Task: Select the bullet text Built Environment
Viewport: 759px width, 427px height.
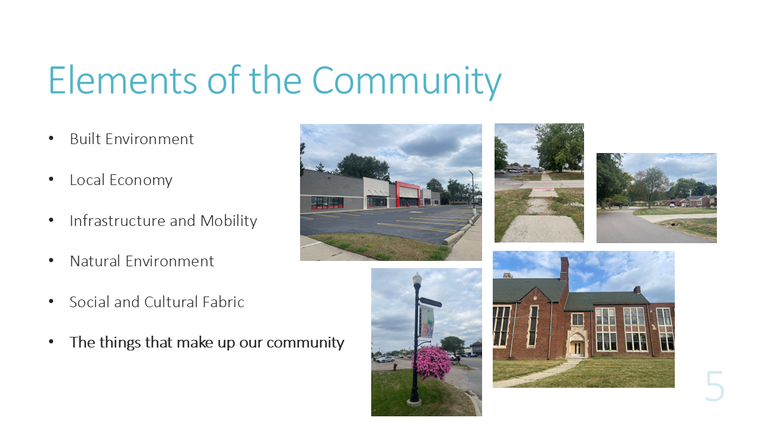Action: tap(132, 139)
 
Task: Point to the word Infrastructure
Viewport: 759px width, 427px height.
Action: tap(117, 221)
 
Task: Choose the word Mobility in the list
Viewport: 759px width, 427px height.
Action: tap(229, 221)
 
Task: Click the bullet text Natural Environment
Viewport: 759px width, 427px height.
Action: tap(142, 262)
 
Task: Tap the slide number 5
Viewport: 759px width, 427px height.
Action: tap(715, 386)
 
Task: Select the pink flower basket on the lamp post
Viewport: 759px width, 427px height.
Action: tap(431, 362)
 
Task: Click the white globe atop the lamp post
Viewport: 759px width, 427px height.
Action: tap(417, 279)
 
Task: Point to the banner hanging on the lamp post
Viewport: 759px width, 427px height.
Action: tap(427, 321)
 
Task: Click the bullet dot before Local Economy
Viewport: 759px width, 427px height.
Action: tap(51, 179)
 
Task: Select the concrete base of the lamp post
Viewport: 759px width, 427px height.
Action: tap(414, 403)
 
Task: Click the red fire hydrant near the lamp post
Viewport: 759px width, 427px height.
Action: tap(395, 367)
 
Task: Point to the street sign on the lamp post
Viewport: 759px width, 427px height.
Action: tap(430, 302)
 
